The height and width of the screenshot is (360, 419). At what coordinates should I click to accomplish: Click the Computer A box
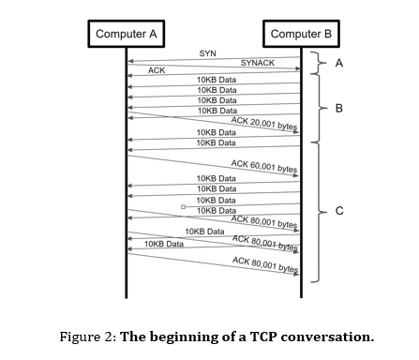click(x=127, y=35)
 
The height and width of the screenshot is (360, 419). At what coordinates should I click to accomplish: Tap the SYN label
click(x=208, y=53)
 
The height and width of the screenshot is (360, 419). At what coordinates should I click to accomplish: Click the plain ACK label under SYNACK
click(x=157, y=70)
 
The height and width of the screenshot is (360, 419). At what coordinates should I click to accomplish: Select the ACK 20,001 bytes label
click(x=264, y=125)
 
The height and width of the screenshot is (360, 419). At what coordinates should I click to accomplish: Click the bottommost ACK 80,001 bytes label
click(x=265, y=265)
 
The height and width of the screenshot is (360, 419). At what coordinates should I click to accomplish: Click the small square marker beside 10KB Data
click(x=184, y=206)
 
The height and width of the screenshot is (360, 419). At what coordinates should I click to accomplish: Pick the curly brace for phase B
click(x=320, y=109)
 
